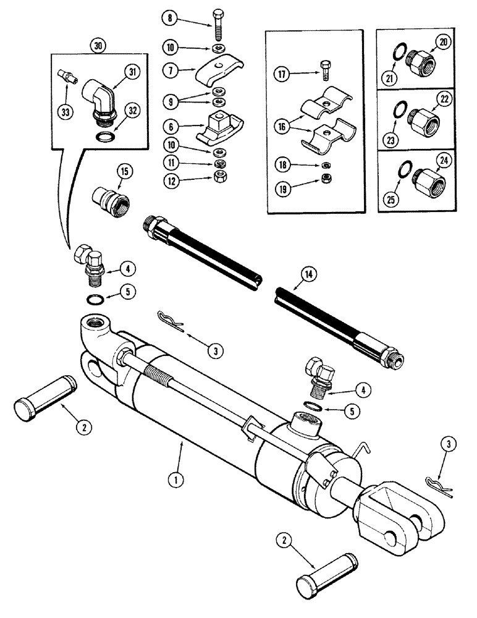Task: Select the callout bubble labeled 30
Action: click(x=97, y=46)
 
